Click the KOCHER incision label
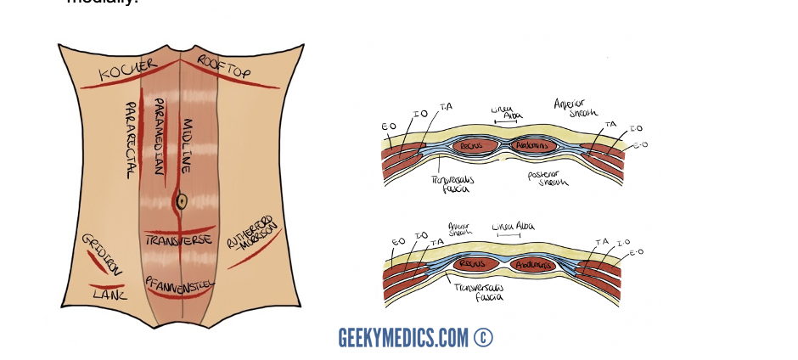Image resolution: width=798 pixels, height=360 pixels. [x=128, y=70]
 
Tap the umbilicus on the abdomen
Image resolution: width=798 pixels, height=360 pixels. [x=180, y=201]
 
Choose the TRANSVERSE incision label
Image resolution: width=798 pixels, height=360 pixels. [x=177, y=240]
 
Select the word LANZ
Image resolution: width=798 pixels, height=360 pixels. [x=110, y=295]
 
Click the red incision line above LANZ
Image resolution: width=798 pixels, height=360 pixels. [x=108, y=284]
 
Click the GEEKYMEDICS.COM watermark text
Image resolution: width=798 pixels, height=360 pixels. [x=403, y=337]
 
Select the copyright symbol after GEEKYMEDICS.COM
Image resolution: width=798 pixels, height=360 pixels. [x=483, y=337]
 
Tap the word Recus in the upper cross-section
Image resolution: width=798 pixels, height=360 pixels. [x=469, y=146]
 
